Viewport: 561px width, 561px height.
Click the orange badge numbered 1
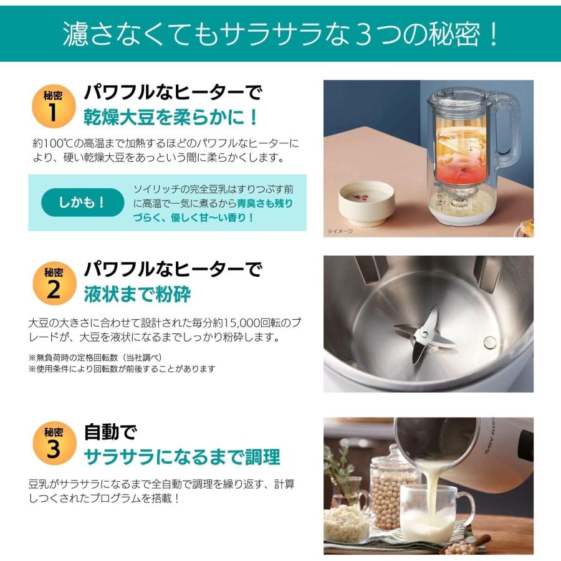click(54, 105)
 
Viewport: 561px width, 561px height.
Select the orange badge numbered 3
click(54, 442)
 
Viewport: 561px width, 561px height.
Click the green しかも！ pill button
click(83, 203)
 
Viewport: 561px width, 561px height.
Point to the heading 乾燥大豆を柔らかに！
click(171, 117)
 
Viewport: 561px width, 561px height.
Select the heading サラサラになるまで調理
click(182, 456)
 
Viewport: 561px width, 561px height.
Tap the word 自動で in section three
click(110, 431)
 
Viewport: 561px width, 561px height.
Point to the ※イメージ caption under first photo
click(340, 231)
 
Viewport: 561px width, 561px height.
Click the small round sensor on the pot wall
click(491, 341)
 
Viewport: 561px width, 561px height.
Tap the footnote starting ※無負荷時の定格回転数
click(100, 357)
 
